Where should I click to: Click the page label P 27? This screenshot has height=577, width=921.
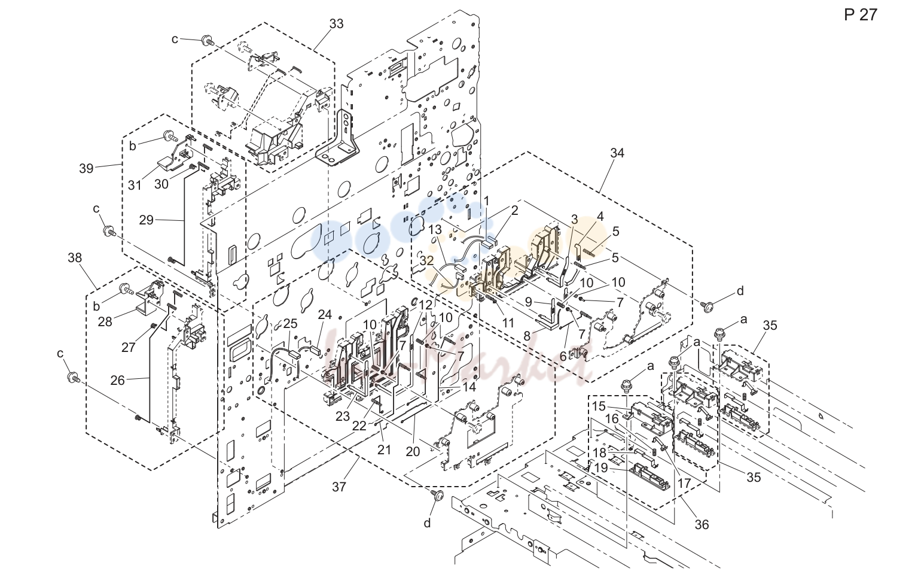coord(861,15)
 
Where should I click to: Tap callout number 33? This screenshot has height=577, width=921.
coord(336,24)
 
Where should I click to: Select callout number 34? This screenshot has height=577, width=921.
coord(617,153)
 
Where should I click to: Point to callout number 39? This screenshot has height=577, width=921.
coord(86,168)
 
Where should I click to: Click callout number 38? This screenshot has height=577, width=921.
coord(75,258)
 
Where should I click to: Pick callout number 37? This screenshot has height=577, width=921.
coord(339,487)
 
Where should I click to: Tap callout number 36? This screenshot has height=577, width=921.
coord(702,525)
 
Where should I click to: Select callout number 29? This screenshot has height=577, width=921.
coord(146,220)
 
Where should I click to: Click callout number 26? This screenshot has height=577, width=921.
coord(118,380)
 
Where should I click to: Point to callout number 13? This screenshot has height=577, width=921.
coord(435,229)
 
